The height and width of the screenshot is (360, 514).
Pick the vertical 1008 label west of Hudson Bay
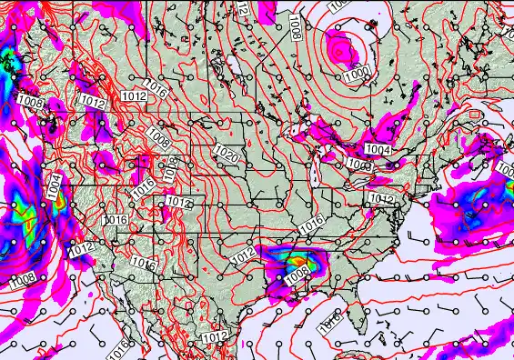(297, 28)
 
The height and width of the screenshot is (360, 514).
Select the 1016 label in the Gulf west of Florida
(330, 320)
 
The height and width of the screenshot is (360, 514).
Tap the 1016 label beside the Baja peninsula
(122, 348)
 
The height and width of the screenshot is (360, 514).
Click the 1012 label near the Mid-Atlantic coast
(382, 199)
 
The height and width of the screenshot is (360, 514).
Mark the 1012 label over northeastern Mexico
(216, 337)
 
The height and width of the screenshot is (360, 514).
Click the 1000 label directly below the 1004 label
(359, 165)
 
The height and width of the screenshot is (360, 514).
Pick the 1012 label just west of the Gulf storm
(243, 257)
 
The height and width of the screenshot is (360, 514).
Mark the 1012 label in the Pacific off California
(81, 248)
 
